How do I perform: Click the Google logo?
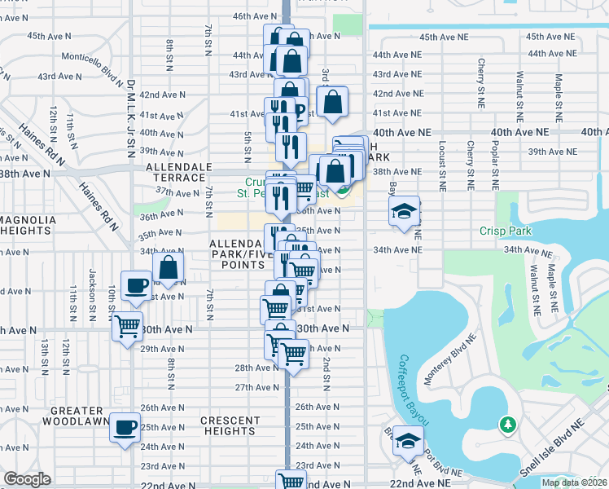point(28,479)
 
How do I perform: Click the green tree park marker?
point(508,425)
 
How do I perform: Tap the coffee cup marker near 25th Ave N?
point(125,427)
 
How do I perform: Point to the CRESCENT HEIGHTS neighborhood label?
point(230,426)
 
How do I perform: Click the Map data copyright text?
point(574,482)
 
